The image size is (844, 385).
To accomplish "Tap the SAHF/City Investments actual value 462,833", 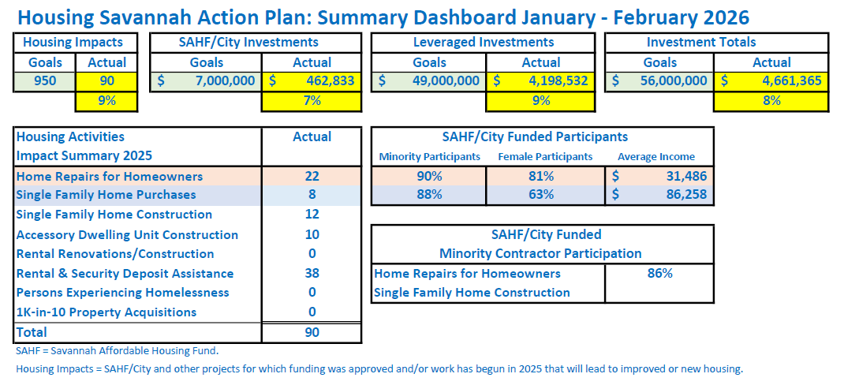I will (x=312, y=80).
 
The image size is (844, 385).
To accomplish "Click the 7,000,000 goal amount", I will (x=205, y=80).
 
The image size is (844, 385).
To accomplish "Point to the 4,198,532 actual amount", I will (x=540, y=80).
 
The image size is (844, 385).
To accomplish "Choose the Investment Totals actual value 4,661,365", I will (x=771, y=80).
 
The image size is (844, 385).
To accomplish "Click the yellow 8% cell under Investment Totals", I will (x=771, y=100).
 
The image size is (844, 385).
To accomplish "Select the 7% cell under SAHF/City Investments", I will (x=312, y=100).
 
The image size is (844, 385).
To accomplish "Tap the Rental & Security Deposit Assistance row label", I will (x=125, y=274).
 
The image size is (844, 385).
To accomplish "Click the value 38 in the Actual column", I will (x=312, y=274).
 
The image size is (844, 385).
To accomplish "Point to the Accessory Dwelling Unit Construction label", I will (x=127, y=235).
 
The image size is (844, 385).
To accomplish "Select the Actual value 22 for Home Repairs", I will (x=312, y=177).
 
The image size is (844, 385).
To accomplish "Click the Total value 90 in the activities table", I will (x=312, y=333).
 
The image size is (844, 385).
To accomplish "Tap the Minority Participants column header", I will (x=429, y=157).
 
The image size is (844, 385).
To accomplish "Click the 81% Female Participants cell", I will (x=545, y=177).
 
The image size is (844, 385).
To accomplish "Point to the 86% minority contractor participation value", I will (x=659, y=274).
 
